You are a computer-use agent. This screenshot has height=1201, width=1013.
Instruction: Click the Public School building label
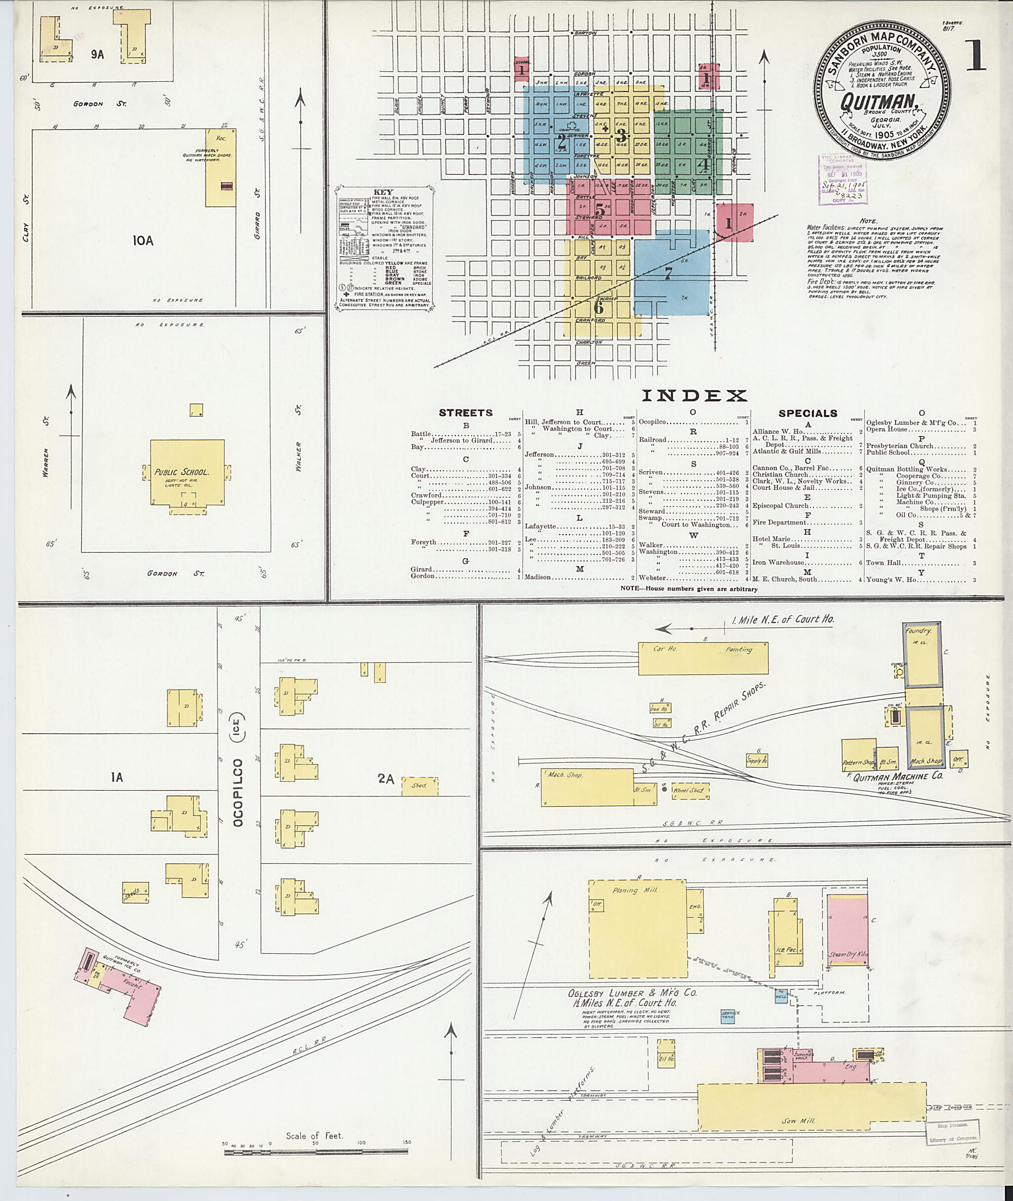[x=181, y=473]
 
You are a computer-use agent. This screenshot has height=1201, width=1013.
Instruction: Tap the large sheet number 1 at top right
[x=976, y=57]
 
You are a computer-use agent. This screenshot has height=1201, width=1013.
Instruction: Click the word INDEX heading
[x=694, y=396]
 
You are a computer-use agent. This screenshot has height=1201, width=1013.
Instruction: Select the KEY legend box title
[x=384, y=192]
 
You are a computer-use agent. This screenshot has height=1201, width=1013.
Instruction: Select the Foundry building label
[x=918, y=630]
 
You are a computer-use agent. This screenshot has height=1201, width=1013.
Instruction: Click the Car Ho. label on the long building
[x=664, y=649]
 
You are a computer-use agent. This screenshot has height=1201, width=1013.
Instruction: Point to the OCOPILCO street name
[x=239, y=792]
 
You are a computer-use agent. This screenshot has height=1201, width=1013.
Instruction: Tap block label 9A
[x=97, y=54]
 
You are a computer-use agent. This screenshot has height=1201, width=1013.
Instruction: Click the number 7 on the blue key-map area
[x=668, y=274]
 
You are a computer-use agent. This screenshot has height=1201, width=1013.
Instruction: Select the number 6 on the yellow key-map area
[x=599, y=307]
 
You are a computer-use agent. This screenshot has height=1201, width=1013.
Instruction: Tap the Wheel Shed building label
[x=691, y=791]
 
